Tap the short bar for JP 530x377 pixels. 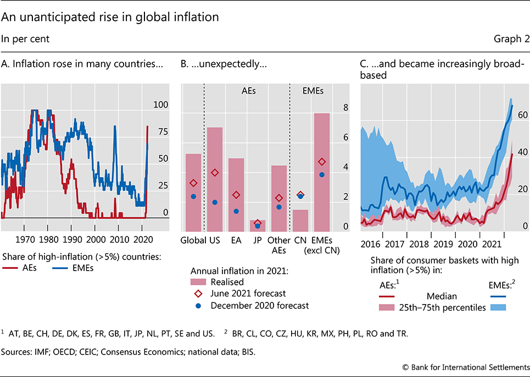258,226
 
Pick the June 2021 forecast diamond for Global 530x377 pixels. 193,183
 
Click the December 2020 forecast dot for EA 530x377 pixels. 236,211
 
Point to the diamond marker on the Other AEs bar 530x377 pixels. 279,198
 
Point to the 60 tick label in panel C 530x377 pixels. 522,115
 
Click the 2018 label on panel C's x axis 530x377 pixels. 419,244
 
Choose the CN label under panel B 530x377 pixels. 300,240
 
